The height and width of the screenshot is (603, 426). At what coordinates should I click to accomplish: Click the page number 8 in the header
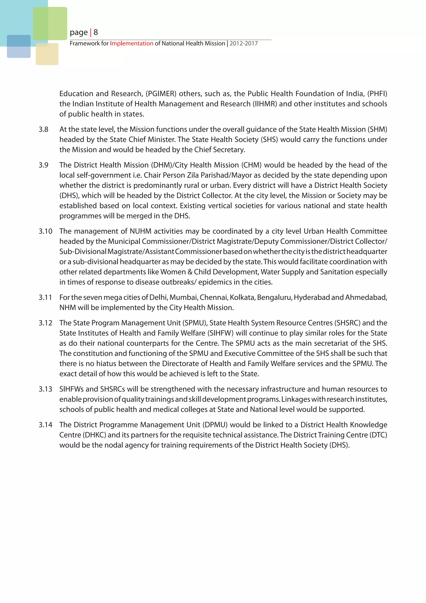[x=96, y=32]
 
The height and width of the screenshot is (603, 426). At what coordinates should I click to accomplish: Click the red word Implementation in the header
[x=131, y=43]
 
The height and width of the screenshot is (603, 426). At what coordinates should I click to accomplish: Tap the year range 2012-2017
[x=244, y=43]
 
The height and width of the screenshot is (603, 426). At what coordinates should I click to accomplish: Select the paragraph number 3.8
[x=43, y=129]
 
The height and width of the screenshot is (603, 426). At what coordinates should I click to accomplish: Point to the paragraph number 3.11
[x=45, y=297]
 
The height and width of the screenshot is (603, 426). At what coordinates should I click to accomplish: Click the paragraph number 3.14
[x=45, y=425]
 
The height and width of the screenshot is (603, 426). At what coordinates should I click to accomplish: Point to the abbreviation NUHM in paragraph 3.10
[x=141, y=231]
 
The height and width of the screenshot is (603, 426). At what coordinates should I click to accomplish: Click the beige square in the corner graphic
[x=47, y=54]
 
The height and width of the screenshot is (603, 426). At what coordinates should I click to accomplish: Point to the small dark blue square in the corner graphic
[x=19, y=46]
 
